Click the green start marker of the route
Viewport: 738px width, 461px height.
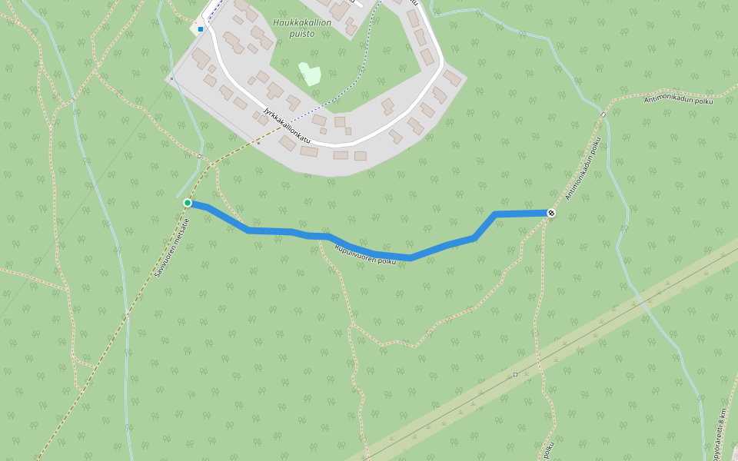click(x=188, y=203)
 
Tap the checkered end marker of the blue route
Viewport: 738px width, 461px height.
click(x=551, y=212)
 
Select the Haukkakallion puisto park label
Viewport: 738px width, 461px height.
click(x=302, y=28)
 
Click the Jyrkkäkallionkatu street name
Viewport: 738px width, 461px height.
click(x=291, y=124)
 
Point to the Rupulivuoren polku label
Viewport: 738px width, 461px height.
click(x=365, y=254)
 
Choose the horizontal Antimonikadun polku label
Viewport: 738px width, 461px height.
click(x=679, y=100)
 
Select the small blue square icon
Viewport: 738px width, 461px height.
click(x=201, y=29)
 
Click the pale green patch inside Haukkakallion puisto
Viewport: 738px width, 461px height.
click(x=310, y=75)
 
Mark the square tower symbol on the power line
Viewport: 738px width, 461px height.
click(x=515, y=374)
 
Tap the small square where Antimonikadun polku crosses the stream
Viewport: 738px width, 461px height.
click(x=603, y=115)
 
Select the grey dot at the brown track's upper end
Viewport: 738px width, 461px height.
click(x=259, y=142)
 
